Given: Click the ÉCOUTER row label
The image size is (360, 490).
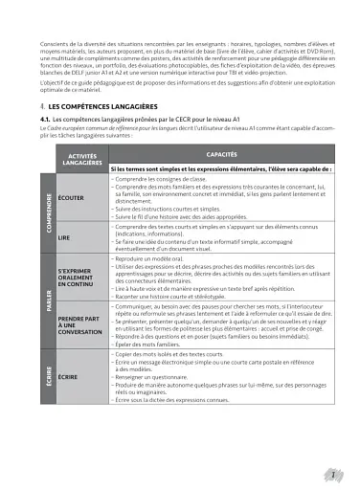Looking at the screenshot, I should click(x=70, y=198).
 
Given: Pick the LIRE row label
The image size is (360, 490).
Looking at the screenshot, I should click(x=64, y=235).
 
